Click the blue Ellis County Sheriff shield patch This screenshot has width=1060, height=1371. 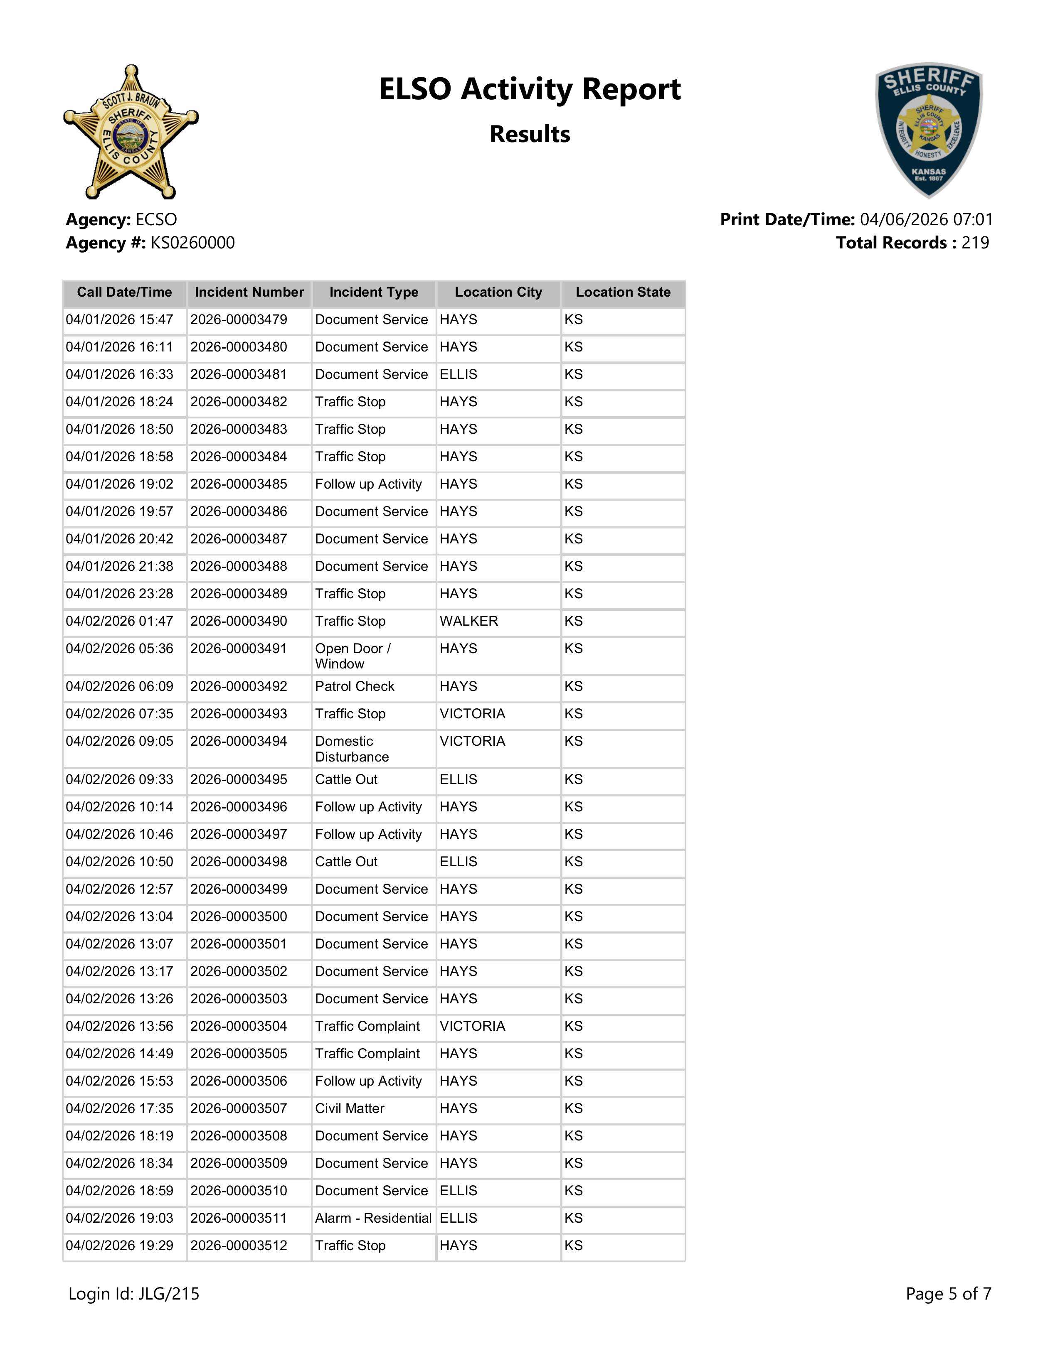(929, 130)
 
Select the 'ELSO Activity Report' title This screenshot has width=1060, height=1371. (529, 89)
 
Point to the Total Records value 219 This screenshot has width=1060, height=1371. (975, 243)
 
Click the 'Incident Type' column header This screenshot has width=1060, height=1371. (374, 292)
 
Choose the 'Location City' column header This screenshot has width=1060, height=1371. (498, 292)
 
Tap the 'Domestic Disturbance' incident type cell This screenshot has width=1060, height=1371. (352, 749)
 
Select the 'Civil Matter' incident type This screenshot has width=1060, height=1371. (350, 1108)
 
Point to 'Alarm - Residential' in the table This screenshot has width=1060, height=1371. (373, 1219)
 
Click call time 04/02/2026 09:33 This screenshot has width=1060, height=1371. (119, 780)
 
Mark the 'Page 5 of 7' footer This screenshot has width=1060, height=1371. (948, 1294)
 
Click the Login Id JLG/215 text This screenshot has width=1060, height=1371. (134, 1294)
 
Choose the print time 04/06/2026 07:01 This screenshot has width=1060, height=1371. (926, 220)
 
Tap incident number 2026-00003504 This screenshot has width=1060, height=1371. (239, 1026)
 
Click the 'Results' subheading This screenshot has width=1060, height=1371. (529, 134)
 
